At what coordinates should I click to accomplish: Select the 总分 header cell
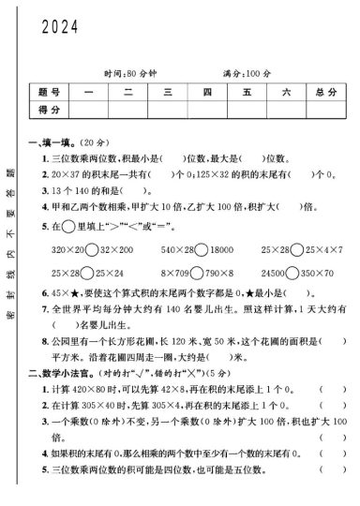(x=326, y=92)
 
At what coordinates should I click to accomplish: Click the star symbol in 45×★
(x=69, y=293)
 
